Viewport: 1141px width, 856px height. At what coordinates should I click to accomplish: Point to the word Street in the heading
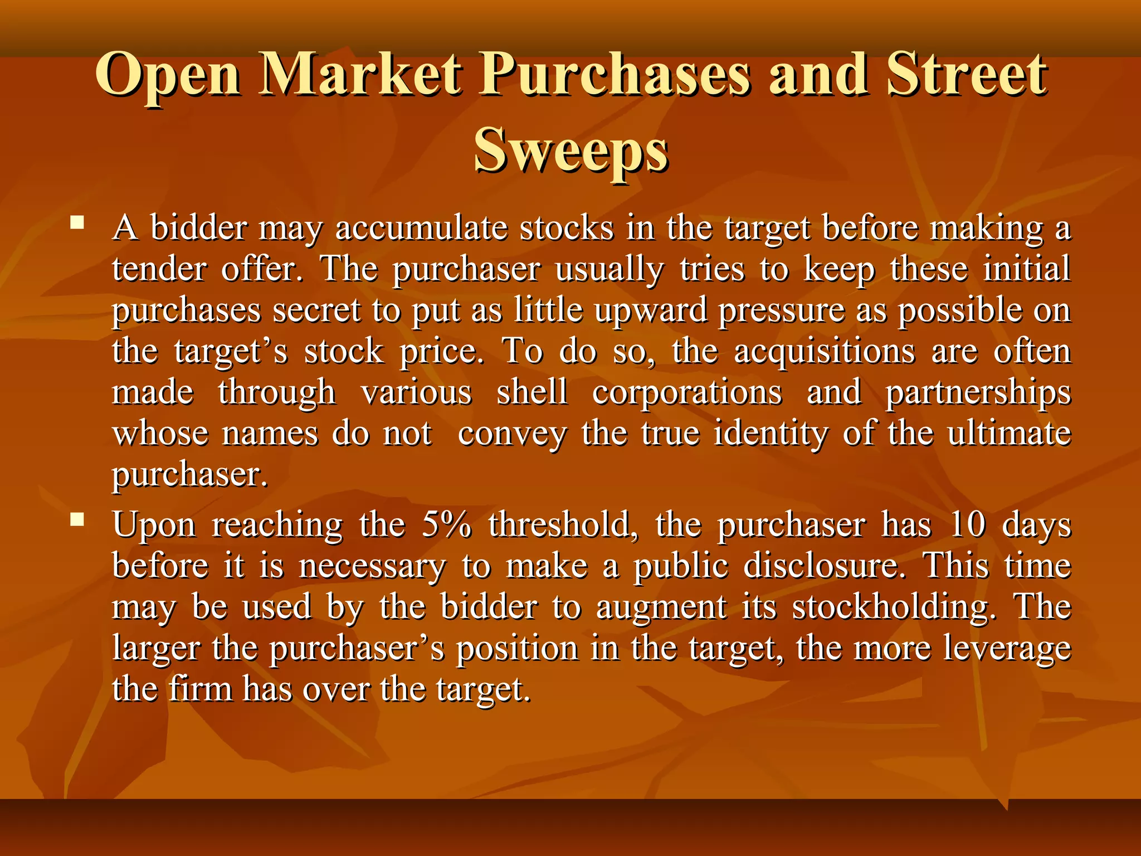coord(967,74)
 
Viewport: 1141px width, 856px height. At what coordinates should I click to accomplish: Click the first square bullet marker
coord(77,224)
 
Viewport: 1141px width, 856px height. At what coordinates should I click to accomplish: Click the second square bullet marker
coord(77,521)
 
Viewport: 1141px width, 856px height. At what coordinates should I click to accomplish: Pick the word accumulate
coord(421,228)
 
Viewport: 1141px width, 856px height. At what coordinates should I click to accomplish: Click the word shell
coord(532,392)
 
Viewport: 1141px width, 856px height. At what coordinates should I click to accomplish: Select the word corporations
coord(687,392)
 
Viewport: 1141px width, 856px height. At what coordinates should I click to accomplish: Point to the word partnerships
coord(978,393)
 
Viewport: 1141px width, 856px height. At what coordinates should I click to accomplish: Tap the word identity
coord(771,433)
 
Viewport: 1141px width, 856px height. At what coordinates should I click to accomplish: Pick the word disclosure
coord(822,566)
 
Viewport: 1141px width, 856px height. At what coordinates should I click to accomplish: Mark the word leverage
coord(1007,649)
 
